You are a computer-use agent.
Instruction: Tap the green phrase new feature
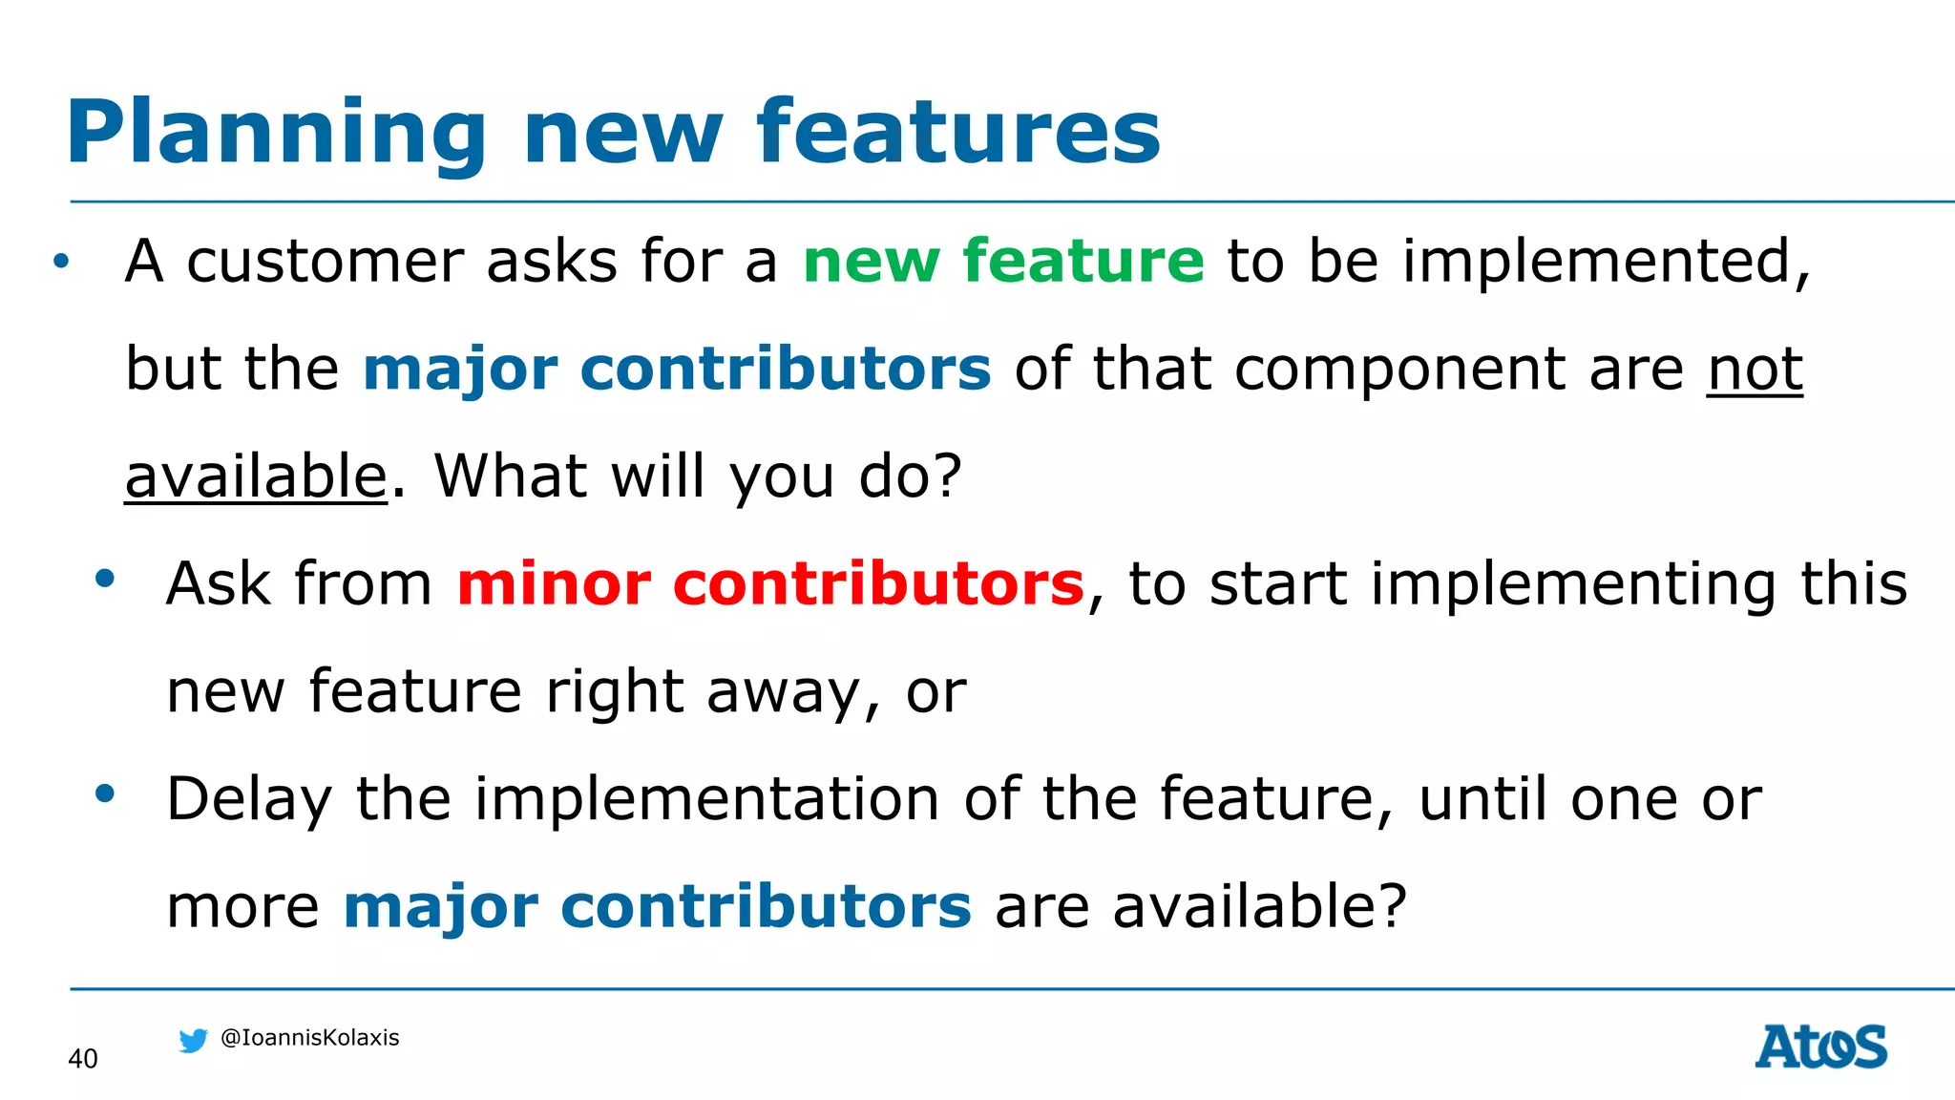point(1003,261)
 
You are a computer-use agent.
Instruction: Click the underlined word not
point(1755,369)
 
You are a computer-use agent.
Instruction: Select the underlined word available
point(256,476)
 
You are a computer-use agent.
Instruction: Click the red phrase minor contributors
point(770,583)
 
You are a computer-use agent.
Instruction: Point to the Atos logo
point(1820,1047)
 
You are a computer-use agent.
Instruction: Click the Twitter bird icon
point(193,1040)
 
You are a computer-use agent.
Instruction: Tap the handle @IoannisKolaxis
point(309,1038)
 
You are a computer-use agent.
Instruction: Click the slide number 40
point(83,1059)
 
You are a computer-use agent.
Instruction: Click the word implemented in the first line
point(1604,261)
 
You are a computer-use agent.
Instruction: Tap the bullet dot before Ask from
point(105,578)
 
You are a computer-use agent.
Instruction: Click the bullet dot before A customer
point(61,261)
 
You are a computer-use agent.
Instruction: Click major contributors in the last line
point(657,906)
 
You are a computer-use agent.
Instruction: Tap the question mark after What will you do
point(946,476)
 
